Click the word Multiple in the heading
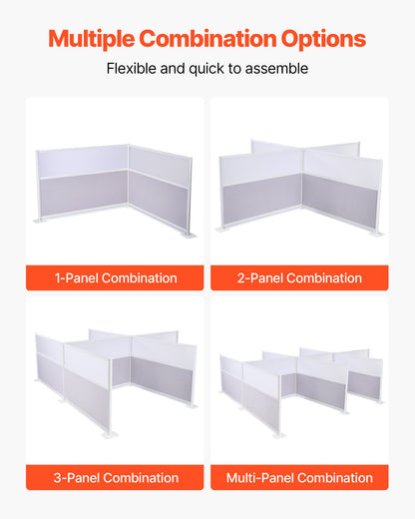pos(91,39)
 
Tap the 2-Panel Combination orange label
pos(299,277)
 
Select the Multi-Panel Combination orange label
pos(299,477)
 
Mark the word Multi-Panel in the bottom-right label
pos(258,477)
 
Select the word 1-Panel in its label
pos(75,277)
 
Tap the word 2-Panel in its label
pos(260,277)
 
